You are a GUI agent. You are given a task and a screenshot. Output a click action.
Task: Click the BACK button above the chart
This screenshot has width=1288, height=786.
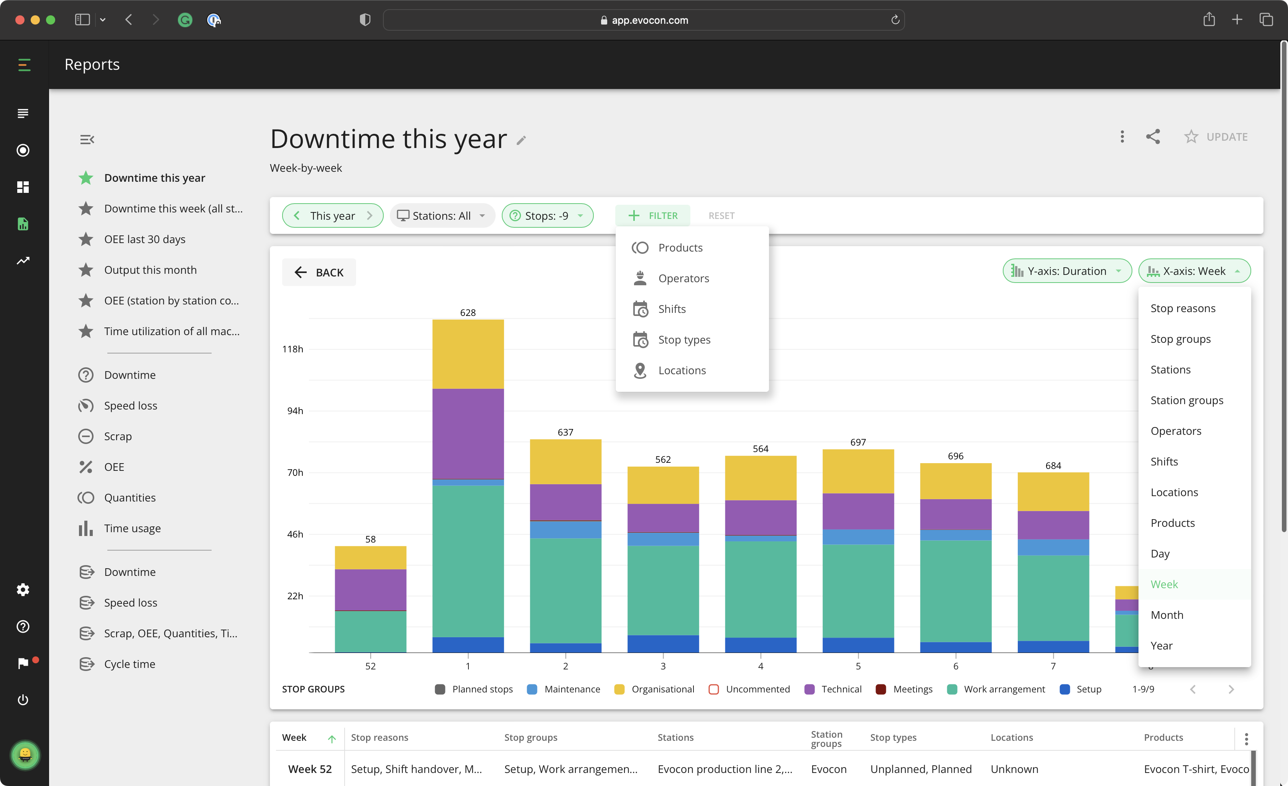319,273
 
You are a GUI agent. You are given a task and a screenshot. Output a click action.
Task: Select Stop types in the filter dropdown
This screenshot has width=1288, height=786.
684,340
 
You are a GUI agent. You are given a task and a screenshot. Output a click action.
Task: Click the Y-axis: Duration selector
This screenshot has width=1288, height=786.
1066,271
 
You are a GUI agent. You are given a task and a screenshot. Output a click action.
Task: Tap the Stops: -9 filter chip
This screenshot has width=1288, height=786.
547,215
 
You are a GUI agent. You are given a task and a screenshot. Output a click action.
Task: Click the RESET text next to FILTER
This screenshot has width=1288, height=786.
721,215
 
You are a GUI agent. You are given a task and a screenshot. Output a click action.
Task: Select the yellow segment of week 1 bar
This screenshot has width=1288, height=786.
468,355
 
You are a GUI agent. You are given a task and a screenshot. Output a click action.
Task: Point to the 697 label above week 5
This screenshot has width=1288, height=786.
858,442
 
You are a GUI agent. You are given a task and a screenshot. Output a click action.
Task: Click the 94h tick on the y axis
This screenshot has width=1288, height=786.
295,411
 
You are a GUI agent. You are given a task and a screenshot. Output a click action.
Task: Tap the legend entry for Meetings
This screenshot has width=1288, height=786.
912,689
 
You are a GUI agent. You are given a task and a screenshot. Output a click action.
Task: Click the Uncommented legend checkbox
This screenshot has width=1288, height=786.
713,689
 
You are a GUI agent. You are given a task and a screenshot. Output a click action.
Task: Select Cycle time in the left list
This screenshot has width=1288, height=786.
130,664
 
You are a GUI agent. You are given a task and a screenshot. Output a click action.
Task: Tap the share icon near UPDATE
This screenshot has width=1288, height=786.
1153,136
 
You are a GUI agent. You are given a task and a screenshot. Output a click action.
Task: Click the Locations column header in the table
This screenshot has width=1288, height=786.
1012,737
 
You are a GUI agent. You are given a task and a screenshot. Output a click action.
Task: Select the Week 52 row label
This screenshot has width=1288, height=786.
309,769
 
